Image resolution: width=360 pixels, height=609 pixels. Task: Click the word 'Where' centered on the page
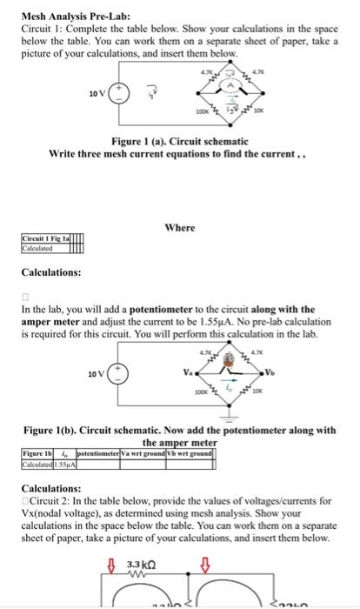[x=180, y=228]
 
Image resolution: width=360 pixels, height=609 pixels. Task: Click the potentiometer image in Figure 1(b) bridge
[x=227, y=358]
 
